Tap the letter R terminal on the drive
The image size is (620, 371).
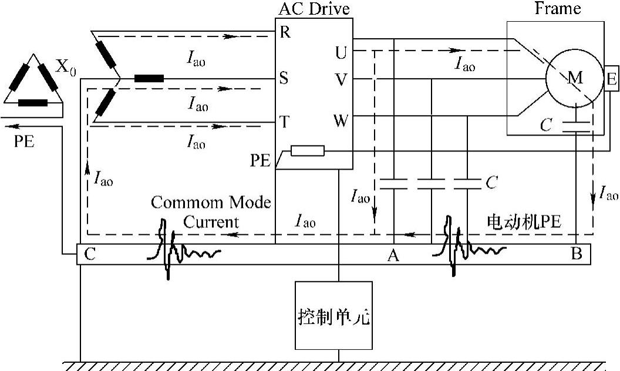click(285, 32)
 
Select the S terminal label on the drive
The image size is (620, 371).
click(284, 78)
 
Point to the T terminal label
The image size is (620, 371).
click(284, 122)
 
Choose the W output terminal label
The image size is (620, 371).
click(340, 122)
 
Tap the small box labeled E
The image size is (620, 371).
click(611, 79)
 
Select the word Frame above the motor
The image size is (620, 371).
click(557, 8)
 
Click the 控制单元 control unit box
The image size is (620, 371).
click(333, 315)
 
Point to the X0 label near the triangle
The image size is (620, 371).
click(65, 65)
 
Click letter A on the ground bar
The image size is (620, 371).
click(393, 255)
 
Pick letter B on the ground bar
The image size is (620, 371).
click(576, 255)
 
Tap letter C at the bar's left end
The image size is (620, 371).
click(89, 255)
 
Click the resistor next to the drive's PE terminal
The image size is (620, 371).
click(308, 151)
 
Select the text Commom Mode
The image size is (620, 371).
click(210, 203)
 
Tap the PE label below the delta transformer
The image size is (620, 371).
click(25, 142)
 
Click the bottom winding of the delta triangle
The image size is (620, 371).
click(33, 103)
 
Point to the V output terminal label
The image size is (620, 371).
click(340, 78)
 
